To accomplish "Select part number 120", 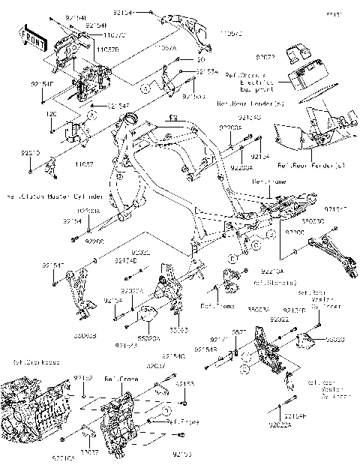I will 50,114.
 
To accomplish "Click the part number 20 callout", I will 200,59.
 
